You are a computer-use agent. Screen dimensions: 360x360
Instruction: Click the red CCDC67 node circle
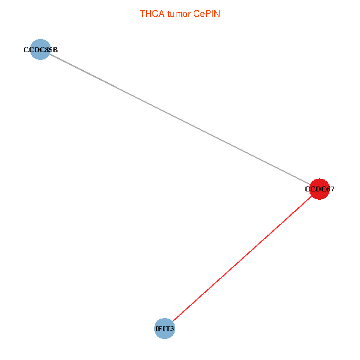point(319,189)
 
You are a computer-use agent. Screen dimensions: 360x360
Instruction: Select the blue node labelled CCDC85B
point(40,49)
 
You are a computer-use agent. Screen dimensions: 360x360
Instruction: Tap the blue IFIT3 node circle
point(164,328)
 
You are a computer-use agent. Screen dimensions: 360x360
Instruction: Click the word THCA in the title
point(151,13)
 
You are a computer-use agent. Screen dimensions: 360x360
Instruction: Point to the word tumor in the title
point(178,13)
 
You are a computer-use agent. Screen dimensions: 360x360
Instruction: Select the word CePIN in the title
point(207,13)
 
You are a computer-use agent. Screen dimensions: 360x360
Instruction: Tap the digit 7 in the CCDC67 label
point(332,189)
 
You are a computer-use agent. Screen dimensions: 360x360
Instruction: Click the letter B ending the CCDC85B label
point(55,50)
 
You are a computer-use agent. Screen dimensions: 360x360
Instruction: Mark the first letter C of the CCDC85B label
point(26,50)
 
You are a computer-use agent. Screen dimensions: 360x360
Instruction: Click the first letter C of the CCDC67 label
point(307,189)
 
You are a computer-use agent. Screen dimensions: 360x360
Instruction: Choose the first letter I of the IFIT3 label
point(156,329)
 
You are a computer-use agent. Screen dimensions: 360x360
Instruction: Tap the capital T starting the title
point(143,13)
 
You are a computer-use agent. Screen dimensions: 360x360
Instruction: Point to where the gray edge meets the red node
point(310,184)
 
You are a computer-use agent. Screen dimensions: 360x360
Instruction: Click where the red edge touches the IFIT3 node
point(171,321)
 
